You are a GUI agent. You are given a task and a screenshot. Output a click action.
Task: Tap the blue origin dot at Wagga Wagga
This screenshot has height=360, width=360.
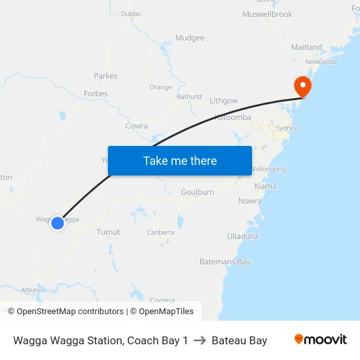pos(58,223)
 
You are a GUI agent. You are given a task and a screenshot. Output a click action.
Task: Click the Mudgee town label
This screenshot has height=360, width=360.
pos(190,38)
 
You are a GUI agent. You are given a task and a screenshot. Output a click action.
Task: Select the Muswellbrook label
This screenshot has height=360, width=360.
pos(267,14)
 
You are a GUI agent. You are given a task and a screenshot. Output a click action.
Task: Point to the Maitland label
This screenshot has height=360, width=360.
pos(307,47)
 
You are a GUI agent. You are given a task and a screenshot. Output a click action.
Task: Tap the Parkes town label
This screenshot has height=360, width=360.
pos(105,76)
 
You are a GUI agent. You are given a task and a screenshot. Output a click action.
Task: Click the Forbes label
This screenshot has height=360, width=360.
pos(96,94)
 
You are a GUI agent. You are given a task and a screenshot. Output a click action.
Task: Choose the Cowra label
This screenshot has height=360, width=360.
pos(136,126)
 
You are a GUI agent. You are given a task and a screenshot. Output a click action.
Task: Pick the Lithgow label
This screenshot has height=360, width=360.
pos(224,101)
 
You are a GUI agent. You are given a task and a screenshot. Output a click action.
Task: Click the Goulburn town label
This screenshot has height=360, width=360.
pos(198,192)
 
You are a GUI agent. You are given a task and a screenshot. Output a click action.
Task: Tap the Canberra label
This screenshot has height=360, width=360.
pos(160,232)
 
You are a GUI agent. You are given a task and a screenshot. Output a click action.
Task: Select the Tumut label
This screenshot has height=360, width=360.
pos(108,232)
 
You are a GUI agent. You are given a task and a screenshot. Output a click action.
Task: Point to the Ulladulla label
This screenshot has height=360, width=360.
pos(242,236)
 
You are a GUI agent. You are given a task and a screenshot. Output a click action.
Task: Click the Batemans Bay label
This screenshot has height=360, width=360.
pos(225,262)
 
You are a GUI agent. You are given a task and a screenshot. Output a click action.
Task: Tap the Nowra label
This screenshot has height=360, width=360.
pos(249,201)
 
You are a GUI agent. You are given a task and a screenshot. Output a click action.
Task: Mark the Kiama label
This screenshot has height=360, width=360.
pos(265,187)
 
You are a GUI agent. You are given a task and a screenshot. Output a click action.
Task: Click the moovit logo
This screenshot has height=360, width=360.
pos(320,340)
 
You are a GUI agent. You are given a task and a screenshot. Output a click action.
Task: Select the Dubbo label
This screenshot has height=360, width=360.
pos(131,13)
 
